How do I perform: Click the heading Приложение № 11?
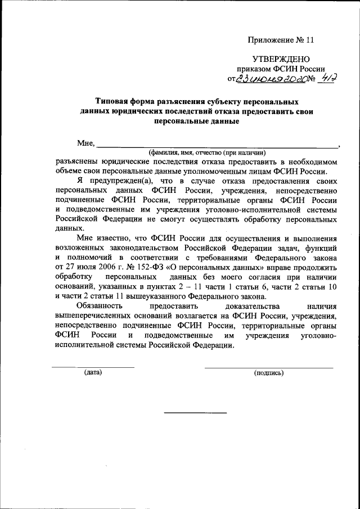coord(280,40)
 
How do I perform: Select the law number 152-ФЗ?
coord(158,268)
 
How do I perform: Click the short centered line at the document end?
coord(195,413)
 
